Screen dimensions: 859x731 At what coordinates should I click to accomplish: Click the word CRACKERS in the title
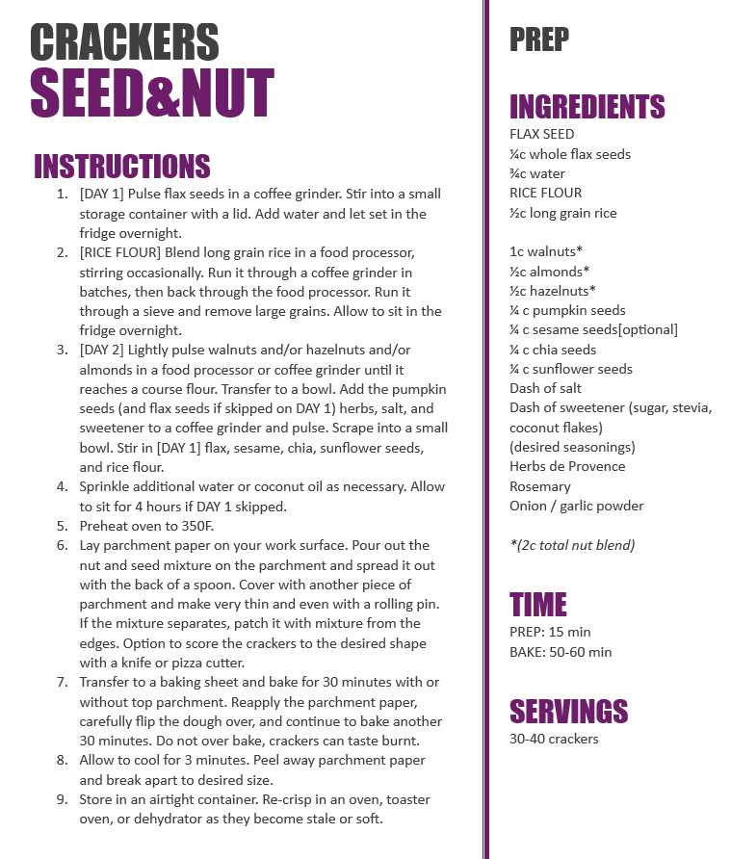click(x=124, y=42)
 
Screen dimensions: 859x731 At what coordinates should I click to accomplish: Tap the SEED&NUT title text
click(x=152, y=93)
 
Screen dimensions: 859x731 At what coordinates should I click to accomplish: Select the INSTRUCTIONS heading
click(x=122, y=167)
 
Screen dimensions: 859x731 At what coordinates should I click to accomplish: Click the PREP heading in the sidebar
click(x=538, y=39)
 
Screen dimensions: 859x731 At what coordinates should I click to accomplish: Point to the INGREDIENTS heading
click(x=587, y=106)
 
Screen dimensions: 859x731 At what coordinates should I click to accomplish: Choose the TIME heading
click(x=537, y=605)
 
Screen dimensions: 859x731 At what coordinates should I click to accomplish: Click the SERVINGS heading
click(x=568, y=711)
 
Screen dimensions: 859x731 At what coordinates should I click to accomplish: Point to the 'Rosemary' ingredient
click(x=539, y=486)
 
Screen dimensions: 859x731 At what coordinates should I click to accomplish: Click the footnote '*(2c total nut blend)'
click(x=572, y=545)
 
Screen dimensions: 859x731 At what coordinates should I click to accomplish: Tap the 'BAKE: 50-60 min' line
click(x=561, y=652)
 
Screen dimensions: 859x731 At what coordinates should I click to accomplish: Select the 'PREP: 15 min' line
click(x=550, y=632)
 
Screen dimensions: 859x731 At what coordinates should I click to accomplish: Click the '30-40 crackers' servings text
click(x=554, y=739)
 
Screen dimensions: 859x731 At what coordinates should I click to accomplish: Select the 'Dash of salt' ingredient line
click(x=545, y=388)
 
